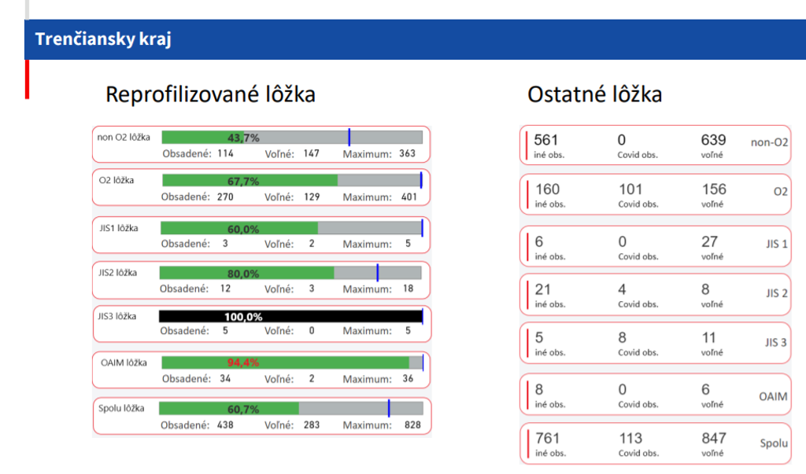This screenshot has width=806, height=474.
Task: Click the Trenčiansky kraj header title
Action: (103, 39)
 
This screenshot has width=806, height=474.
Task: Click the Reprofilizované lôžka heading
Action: (210, 94)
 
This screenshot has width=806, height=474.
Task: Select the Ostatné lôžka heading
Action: (594, 94)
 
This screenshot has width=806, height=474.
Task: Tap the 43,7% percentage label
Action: (243, 138)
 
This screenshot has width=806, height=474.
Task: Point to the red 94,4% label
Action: (243, 363)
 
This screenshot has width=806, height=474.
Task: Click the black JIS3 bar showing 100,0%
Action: (290, 317)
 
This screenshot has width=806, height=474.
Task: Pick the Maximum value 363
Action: (407, 153)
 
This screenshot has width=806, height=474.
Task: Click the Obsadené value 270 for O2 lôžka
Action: (225, 197)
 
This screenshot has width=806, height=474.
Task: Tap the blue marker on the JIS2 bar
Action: (377, 273)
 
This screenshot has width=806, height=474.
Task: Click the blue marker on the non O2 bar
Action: (349, 138)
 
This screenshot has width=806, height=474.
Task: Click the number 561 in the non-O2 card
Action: (545, 140)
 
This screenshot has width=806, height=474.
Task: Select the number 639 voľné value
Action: (713, 140)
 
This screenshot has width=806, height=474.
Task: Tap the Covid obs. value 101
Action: (630, 189)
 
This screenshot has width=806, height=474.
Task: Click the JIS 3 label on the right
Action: (775, 343)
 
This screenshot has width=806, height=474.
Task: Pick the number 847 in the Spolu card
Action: (713, 438)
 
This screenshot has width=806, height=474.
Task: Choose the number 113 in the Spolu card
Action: (630, 438)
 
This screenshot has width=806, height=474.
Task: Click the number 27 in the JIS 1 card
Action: (709, 242)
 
